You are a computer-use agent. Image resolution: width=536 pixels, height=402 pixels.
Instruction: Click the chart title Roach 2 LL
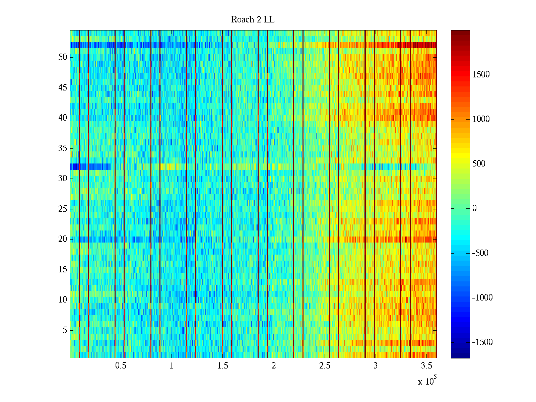coord(253,20)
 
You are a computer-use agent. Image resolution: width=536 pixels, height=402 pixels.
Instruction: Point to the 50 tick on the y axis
coord(63,57)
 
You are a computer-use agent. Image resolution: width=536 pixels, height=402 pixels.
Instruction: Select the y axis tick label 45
coord(63,88)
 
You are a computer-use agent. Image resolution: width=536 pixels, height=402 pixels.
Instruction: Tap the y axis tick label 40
coord(63,118)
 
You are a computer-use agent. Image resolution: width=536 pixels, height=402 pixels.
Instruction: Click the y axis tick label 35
coord(63,148)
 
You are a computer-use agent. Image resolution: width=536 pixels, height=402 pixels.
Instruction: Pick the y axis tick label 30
coord(63,179)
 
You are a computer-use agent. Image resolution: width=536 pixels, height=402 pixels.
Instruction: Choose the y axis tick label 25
coord(63,209)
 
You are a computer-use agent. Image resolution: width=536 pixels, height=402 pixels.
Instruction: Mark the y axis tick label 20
coord(63,239)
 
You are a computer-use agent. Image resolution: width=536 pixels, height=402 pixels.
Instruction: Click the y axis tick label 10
coord(63,300)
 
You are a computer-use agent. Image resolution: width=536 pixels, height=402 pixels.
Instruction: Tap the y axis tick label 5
coord(65,330)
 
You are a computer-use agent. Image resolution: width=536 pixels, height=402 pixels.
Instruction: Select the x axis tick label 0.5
coord(121,366)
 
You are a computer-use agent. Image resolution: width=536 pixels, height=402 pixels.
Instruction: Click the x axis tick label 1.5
coord(222,366)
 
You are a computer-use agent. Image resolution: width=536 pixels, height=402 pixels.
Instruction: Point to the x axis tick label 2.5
coord(325,366)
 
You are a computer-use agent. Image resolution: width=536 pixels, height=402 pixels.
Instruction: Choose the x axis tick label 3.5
coord(426,366)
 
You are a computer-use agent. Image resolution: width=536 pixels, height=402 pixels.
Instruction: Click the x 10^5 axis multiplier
coord(427,381)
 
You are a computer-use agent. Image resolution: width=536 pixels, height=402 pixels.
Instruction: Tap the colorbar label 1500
coord(481,75)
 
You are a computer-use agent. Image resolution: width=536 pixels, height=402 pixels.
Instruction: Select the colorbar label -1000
coord(482,298)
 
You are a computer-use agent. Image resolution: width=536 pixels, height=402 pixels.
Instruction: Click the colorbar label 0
coord(474,208)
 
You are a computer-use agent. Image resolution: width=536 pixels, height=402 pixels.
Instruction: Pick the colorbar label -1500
coord(482,342)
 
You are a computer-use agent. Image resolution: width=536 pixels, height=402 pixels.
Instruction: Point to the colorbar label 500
coord(479,164)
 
